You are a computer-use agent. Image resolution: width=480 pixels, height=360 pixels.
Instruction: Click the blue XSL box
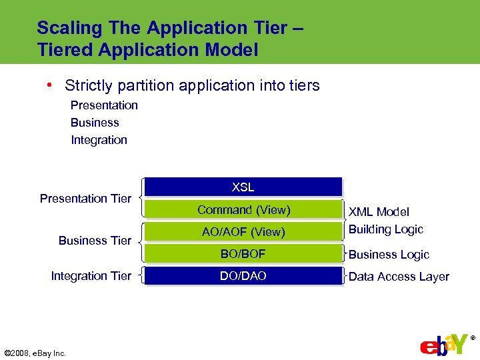point(243,187)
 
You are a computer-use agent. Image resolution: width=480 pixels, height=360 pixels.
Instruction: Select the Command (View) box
point(243,210)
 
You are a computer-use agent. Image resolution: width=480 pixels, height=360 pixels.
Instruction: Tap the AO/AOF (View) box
point(243,232)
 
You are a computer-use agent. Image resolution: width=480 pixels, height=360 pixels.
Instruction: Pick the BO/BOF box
point(243,253)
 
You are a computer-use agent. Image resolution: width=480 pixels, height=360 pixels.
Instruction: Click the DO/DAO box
point(243,276)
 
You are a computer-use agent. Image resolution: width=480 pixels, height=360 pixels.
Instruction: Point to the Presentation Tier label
point(85,198)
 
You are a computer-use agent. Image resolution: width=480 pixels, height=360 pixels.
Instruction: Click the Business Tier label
point(95,241)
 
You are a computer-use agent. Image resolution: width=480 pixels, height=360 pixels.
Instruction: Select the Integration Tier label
point(91,276)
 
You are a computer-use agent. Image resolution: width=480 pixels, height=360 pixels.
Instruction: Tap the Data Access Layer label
point(399,277)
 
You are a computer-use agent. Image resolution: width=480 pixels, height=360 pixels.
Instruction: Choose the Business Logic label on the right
point(389,255)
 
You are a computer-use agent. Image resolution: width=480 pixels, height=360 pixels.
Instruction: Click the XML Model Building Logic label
point(386,221)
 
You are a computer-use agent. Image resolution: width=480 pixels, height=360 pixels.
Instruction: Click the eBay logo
point(444,343)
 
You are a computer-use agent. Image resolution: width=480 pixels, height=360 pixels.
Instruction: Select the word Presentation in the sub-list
point(104,105)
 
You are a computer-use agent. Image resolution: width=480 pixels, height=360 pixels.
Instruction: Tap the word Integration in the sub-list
point(99,140)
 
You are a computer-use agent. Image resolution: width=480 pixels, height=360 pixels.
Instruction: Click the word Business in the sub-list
point(95,123)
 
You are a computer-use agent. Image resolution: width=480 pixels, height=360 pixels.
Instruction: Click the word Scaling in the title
point(64,29)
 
